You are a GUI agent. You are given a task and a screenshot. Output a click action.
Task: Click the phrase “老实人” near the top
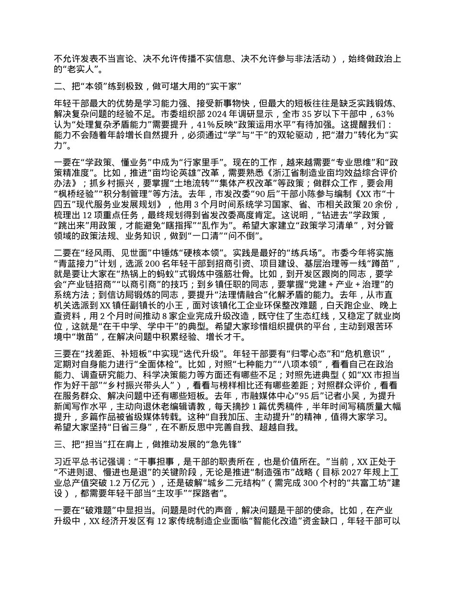click(x=77, y=68)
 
